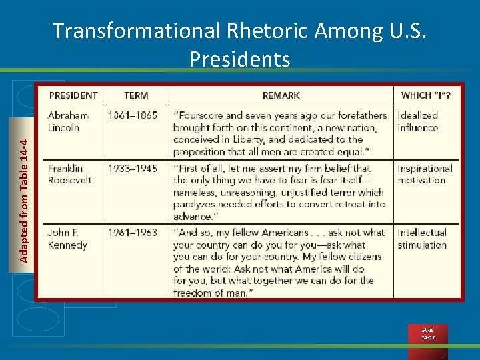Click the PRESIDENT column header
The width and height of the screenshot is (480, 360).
[73, 95]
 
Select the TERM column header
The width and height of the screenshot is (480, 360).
[136, 95]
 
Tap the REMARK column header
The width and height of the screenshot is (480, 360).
[281, 95]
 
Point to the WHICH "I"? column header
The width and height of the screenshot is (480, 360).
[426, 95]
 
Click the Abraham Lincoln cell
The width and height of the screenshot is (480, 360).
[68, 121]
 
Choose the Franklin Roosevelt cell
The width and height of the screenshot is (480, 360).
[70, 174]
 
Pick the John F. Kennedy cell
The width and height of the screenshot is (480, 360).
[67, 239]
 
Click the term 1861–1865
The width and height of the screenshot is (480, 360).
[133, 115]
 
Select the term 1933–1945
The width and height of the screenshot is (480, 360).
[133, 169]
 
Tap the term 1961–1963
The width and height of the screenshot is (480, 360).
[133, 233]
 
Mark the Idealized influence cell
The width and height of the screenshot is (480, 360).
[418, 121]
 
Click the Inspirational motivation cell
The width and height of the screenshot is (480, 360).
[425, 174]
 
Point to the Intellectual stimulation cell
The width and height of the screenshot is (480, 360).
[423, 239]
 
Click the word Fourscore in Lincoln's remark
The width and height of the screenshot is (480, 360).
[201, 115]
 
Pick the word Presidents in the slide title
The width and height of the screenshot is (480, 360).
[240, 59]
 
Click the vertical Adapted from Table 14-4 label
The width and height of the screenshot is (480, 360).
[24, 200]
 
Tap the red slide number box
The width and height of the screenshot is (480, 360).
[428, 333]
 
